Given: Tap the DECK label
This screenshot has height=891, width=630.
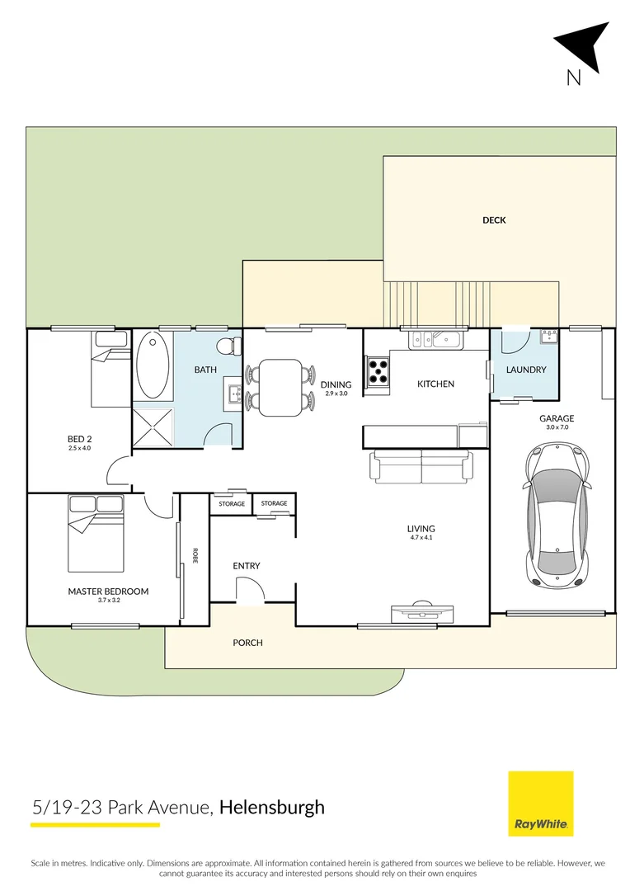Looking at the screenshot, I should pos(494,220).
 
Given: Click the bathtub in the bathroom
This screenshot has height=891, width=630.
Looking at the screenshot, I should pos(153,365).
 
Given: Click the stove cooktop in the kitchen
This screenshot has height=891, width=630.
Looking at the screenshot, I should pos(378,372).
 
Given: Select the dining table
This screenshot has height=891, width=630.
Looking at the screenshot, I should pos(280,387).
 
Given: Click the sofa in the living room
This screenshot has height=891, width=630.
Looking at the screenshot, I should pos(422,466).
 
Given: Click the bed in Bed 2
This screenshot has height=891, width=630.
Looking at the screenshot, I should pos(110,367).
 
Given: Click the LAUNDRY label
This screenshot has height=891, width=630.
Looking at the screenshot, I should pos(525,370).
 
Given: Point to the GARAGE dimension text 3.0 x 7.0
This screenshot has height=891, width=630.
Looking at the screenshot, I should pos(557,428).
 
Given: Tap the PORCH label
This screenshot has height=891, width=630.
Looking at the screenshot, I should pos(247,642).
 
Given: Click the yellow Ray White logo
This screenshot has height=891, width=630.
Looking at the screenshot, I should pos(540,804).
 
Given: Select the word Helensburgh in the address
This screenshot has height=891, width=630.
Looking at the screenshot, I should pos(272,807).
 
